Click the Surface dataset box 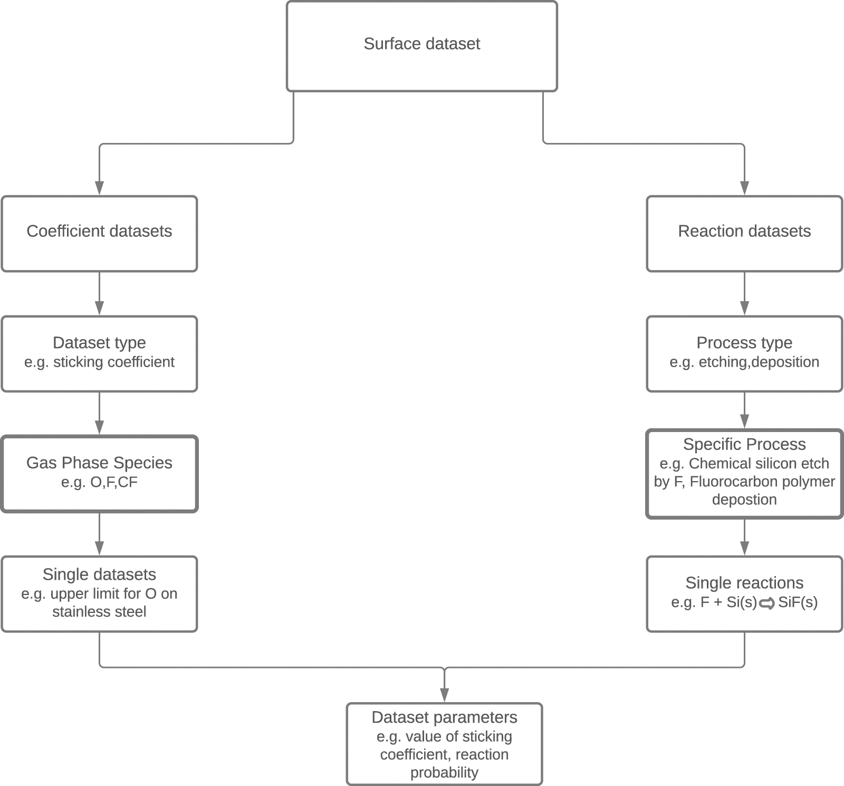point(421,46)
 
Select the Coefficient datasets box point(99,234)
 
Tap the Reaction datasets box point(744,234)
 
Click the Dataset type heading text point(99,343)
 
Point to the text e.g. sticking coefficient point(99,362)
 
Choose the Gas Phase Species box point(99,473)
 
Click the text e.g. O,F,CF point(99,482)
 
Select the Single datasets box point(99,593)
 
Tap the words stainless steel point(99,612)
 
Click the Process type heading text point(744,343)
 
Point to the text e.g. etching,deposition point(744,362)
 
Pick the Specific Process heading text point(744,444)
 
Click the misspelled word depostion point(744,500)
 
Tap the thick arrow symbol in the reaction point(767,603)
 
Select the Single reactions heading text point(744,583)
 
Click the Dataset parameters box point(444,744)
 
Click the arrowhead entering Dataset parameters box point(444,695)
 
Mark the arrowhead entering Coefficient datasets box point(99,188)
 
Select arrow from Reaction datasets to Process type point(744,293)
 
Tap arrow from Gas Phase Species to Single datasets point(99,533)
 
